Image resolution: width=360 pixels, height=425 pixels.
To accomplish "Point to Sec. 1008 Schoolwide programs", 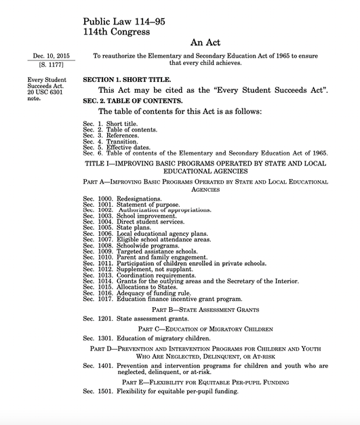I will (x=130, y=246).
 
